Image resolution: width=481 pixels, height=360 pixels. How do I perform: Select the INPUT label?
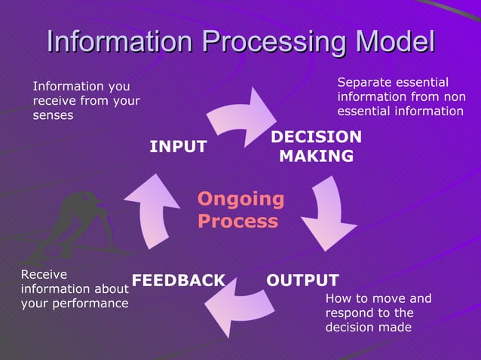click(178, 147)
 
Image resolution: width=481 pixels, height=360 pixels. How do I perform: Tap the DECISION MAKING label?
click(316, 147)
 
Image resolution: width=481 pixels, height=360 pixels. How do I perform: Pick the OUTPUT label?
click(302, 280)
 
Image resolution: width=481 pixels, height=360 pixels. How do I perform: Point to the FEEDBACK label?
click(179, 280)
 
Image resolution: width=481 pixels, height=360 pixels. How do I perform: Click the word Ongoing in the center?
click(240, 199)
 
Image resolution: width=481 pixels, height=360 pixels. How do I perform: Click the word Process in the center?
click(237, 221)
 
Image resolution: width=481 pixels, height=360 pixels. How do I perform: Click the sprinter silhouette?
click(75, 222)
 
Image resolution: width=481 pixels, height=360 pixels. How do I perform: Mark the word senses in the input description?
click(53, 115)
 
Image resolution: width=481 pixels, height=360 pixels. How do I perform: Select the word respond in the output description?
click(351, 313)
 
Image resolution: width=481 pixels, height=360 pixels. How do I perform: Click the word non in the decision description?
click(452, 96)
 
